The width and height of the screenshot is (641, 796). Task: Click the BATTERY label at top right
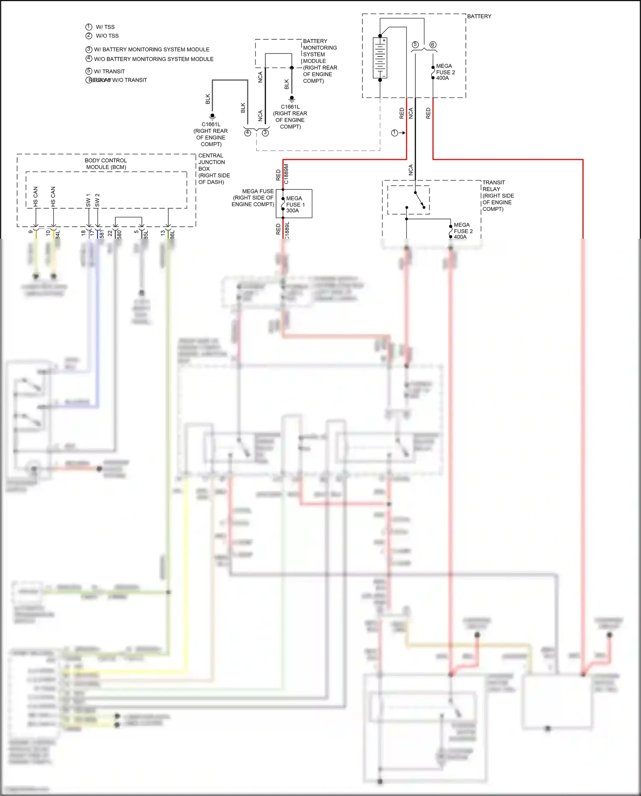coord(479,16)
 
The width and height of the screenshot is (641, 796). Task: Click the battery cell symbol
coord(380,58)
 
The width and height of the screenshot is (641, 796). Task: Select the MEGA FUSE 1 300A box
coord(294,204)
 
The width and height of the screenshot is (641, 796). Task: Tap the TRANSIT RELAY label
coord(494,186)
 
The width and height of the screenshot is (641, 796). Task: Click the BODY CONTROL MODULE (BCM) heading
coord(106,164)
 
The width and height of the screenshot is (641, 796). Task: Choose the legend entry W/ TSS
coord(105,27)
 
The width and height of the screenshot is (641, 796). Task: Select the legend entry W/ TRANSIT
coord(109,71)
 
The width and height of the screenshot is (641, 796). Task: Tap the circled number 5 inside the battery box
coord(415,45)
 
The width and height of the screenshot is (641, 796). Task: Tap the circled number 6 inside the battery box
coord(432,45)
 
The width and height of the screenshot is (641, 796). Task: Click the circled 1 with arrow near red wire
coord(395,133)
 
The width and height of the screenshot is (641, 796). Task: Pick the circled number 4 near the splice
coord(247,133)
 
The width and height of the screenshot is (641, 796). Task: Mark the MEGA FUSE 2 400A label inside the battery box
coord(445,72)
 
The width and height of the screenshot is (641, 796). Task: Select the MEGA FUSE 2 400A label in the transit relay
coord(463,231)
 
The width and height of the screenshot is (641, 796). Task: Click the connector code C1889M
coord(286,174)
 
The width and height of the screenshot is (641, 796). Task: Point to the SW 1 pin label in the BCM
coord(88,200)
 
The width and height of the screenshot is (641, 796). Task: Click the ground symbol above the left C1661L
coord(212,116)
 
